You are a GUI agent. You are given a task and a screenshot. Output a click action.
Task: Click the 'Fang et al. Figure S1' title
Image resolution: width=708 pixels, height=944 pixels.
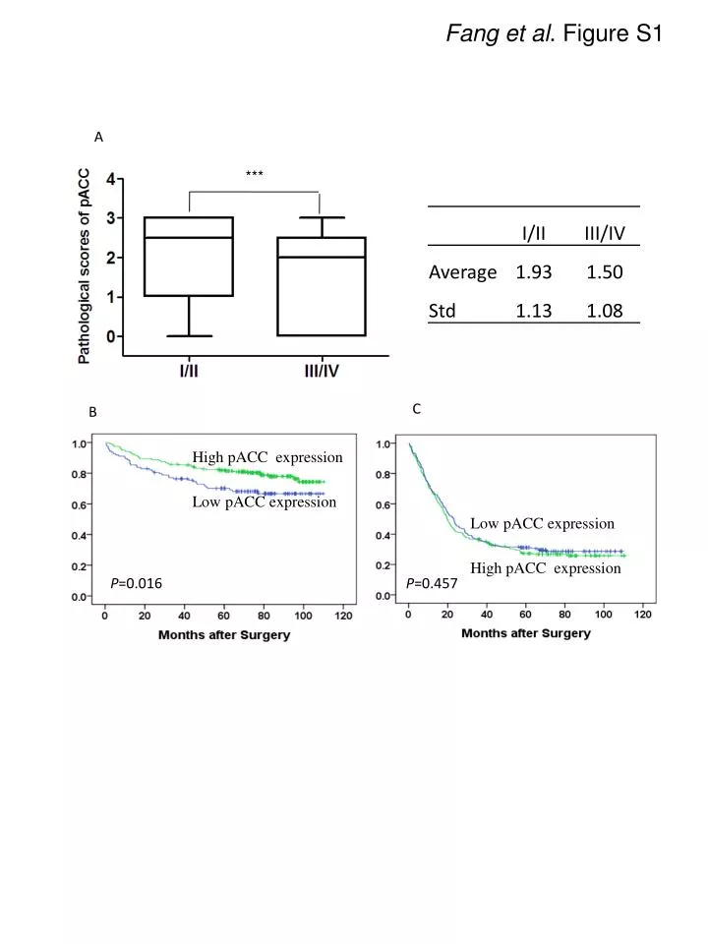556,34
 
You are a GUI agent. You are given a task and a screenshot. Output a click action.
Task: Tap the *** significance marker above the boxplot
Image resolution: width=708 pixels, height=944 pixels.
254,175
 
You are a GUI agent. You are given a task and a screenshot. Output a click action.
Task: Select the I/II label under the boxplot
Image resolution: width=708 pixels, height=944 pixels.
188,373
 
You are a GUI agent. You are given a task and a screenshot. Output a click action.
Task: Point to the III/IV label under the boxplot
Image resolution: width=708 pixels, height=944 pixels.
321,373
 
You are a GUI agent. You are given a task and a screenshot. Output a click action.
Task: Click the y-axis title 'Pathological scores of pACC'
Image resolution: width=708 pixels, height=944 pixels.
85,265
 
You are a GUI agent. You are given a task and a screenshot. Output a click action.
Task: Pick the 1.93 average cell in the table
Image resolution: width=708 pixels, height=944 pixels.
534,272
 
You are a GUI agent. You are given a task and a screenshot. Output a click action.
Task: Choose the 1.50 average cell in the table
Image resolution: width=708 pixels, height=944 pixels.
605,272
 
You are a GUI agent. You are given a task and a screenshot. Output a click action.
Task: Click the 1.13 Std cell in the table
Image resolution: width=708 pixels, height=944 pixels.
534,312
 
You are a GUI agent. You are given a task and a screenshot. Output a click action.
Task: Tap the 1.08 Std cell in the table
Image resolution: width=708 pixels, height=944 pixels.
605,312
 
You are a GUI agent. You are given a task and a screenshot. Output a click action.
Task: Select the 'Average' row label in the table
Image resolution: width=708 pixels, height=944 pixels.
462,272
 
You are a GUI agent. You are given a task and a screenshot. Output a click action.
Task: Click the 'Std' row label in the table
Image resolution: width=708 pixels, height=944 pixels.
442,312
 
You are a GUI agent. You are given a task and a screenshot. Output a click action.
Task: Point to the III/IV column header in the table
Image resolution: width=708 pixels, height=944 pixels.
605,234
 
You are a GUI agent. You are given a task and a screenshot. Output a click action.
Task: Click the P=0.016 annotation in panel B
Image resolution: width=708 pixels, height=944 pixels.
136,584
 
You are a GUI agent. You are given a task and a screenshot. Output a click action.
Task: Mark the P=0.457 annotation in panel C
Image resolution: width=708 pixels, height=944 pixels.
432,584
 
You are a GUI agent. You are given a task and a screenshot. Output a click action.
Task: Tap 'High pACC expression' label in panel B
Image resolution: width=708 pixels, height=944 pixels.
267,457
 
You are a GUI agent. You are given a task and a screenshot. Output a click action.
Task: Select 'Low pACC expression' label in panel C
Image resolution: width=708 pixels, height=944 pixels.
542,524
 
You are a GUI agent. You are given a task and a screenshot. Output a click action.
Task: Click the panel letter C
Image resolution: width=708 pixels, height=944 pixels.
417,409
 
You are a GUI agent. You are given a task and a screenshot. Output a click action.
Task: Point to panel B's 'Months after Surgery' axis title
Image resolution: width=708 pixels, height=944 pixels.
224,634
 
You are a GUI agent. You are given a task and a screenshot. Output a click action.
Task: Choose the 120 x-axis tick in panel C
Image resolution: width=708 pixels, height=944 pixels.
642,615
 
